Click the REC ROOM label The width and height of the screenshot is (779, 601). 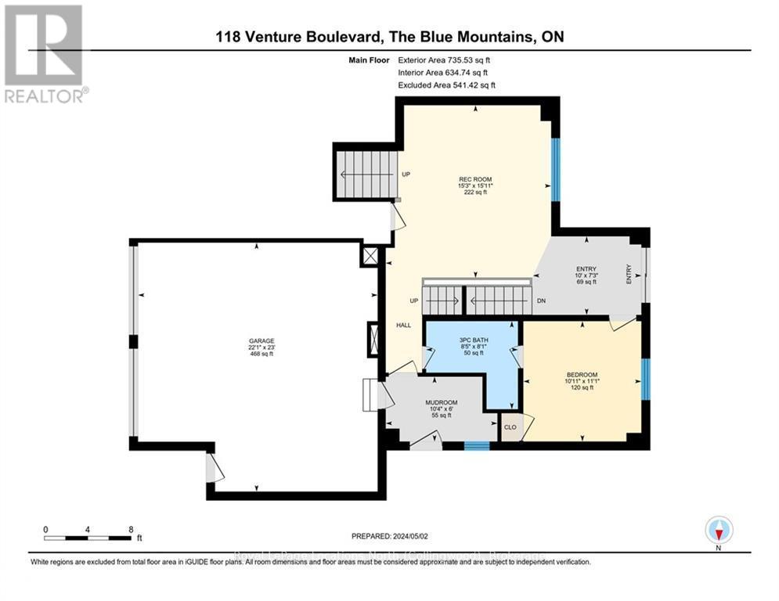point(475,179)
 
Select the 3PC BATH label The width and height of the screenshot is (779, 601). point(472,339)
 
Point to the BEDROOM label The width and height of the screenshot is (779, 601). point(582,374)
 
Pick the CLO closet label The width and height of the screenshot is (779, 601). point(510,428)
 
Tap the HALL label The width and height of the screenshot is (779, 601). point(403,325)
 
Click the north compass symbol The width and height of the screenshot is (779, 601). point(717,530)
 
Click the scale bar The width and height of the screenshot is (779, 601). point(87,538)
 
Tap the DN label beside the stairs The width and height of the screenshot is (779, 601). point(540,300)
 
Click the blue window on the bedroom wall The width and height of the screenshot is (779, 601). point(646,380)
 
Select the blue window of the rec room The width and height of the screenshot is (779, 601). point(554,169)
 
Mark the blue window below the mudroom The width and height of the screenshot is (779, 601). point(476,446)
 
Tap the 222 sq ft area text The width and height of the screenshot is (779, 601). point(474,193)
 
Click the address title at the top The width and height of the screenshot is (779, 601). point(390,37)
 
